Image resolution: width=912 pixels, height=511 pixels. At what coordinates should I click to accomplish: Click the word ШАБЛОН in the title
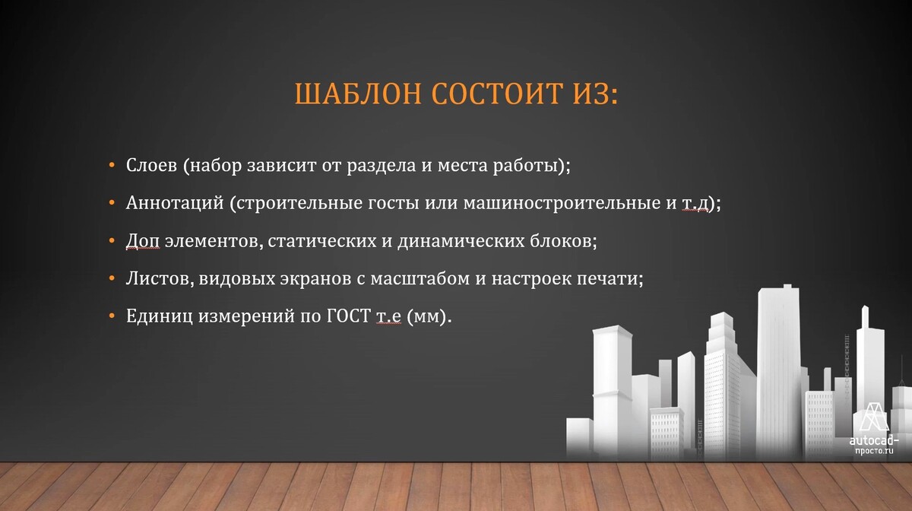[x=358, y=94]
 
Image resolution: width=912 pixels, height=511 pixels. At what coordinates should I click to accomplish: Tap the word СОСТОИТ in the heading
[x=497, y=94]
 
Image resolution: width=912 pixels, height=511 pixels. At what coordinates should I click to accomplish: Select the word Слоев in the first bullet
[x=151, y=165]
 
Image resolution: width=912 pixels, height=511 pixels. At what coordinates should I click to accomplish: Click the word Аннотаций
[x=175, y=203]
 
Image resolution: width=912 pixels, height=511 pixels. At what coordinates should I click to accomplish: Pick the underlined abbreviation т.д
[x=695, y=203]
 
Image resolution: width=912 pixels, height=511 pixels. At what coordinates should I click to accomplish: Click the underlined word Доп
[x=143, y=241]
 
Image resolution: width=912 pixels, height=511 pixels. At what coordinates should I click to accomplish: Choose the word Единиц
[x=159, y=316]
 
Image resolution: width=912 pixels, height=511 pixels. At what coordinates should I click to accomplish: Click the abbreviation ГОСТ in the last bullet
[x=349, y=316]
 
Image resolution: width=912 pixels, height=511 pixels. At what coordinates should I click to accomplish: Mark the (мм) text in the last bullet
[x=429, y=316]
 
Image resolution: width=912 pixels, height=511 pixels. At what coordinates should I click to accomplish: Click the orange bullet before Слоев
[x=112, y=166]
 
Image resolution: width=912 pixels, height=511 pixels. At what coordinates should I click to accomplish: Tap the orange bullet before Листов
[x=112, y=279]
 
